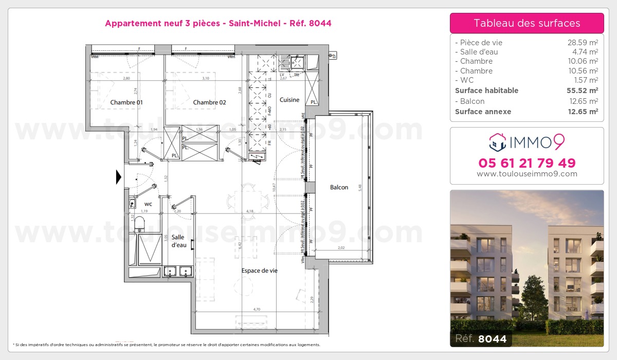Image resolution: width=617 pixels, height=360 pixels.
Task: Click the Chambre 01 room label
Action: pyautogui.click(x=126, y=102)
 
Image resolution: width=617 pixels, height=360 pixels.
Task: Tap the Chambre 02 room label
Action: pyautogui.click(x=209, y=102)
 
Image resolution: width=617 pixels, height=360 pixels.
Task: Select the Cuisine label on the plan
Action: pyautogui.click(x=289, y=100)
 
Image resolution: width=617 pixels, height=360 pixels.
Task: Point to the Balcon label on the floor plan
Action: pyautogui.click(x=339, y=187)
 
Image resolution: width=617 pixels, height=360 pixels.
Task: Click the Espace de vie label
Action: pyautogui.click(x=260, y=271)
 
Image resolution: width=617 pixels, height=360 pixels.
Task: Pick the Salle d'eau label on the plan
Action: pyautogui.click(x=179, y=241)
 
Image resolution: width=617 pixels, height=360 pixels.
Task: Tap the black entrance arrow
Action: pyautogui.click(x=119, y=177)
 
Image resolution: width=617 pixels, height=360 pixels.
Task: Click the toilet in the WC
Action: pyautogui.click(x=139, y=224)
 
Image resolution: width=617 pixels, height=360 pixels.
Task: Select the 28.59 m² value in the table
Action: pyautogui.click(x=582, y=43)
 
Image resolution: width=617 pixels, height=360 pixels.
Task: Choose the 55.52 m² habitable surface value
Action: pyautogui.click(x=582, y=91)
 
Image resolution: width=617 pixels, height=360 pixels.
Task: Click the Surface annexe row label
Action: pyautogui.click(x=483, y=112)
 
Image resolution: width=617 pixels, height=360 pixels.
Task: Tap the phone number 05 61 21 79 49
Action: pyautogui.click(x=527, y=163)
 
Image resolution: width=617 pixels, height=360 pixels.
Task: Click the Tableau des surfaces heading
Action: pyautogui.click(x=527, y=23)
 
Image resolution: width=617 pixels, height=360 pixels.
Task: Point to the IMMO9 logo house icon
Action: pyautogui.click(x=497, y=141)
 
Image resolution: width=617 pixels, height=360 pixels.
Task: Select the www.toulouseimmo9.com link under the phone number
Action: pyautogui.click(x=527, y=174)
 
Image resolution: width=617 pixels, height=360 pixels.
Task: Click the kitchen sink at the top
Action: pyautogui.click(x=297, y=64)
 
